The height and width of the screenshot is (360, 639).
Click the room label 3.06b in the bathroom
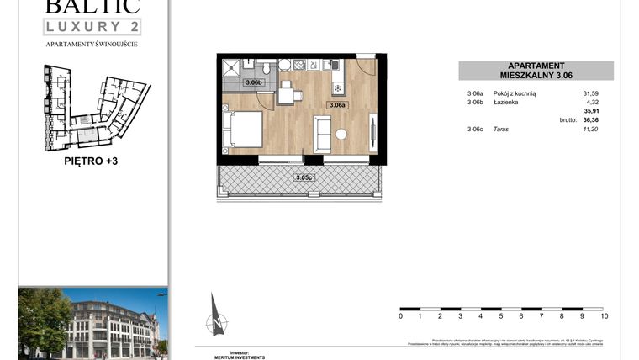tap(253, 82)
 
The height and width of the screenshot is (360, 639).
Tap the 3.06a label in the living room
tap(338, 105)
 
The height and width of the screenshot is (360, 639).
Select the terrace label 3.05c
tap(304, 177)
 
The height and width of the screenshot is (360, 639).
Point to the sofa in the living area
tap(322, 133)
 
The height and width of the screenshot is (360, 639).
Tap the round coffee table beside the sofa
tap(341, 135)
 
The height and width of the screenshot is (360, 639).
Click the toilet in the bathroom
tap(267, 67)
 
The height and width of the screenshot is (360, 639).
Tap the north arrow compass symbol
tap(217, 316)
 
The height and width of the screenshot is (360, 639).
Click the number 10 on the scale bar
tap(604, 316)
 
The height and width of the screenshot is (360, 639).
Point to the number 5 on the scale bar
tap(501, 316)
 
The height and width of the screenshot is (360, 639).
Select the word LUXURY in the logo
tap(81, 27)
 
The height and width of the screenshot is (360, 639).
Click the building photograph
tap(92, 322)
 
